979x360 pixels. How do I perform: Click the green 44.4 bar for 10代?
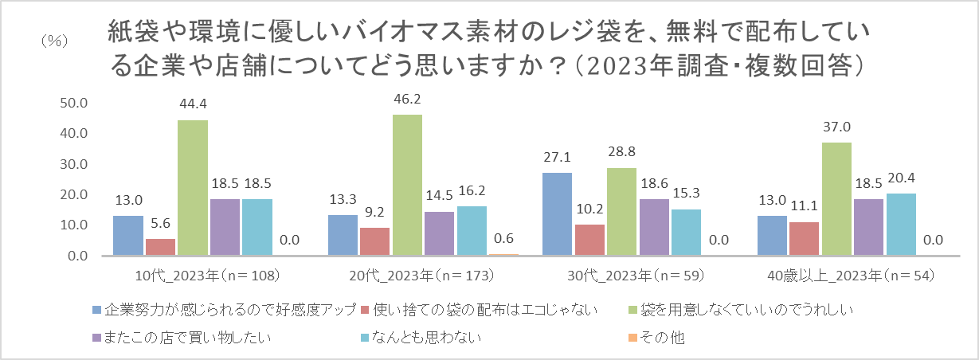click(x=192, y=188)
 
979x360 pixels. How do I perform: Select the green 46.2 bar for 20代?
click(x=407, y=185)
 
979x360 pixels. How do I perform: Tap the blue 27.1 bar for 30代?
click(x=557, y=214)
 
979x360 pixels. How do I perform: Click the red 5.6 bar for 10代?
click(x=160, y=247)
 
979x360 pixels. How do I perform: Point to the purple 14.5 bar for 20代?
click(x=439, y=233)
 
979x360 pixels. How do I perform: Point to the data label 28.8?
click(x=622, y=152)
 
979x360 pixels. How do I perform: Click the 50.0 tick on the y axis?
click(x=72, y=103)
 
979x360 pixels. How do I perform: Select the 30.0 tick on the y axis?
click(x=72, y=164)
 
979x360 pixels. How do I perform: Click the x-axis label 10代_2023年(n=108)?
click(x=208, y=276)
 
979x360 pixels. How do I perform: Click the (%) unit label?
click(x=53, y=40)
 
